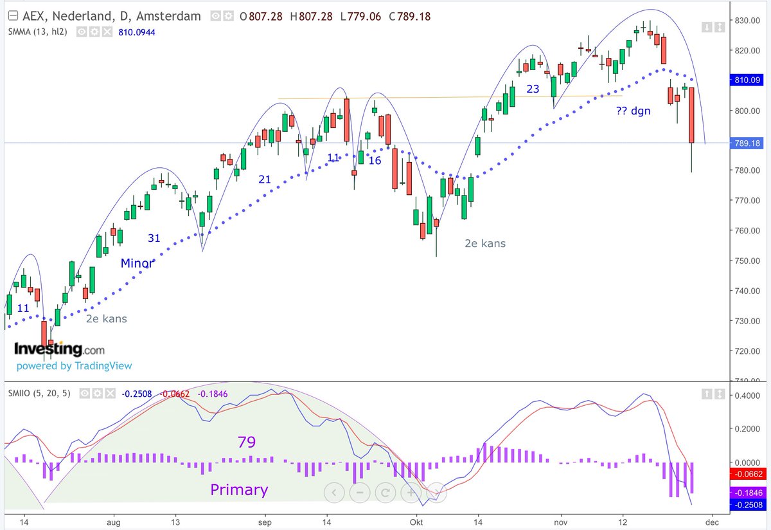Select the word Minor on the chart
tap(137, 263)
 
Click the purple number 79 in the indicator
tap(246, 442)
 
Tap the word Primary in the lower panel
tap(239, 490)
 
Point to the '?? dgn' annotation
tap(633, 111)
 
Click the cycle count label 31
tap(154, 238)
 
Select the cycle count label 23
tap(533, 89)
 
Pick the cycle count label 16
tap(375, 160)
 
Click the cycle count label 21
tap(265, 179)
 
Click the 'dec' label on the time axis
tap(711, 522)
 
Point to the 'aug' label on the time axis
tap(113, 522)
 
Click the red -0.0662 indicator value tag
tap(748, 473)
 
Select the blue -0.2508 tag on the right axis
tap(748, 505)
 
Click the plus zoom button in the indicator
tap(411, 493)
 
